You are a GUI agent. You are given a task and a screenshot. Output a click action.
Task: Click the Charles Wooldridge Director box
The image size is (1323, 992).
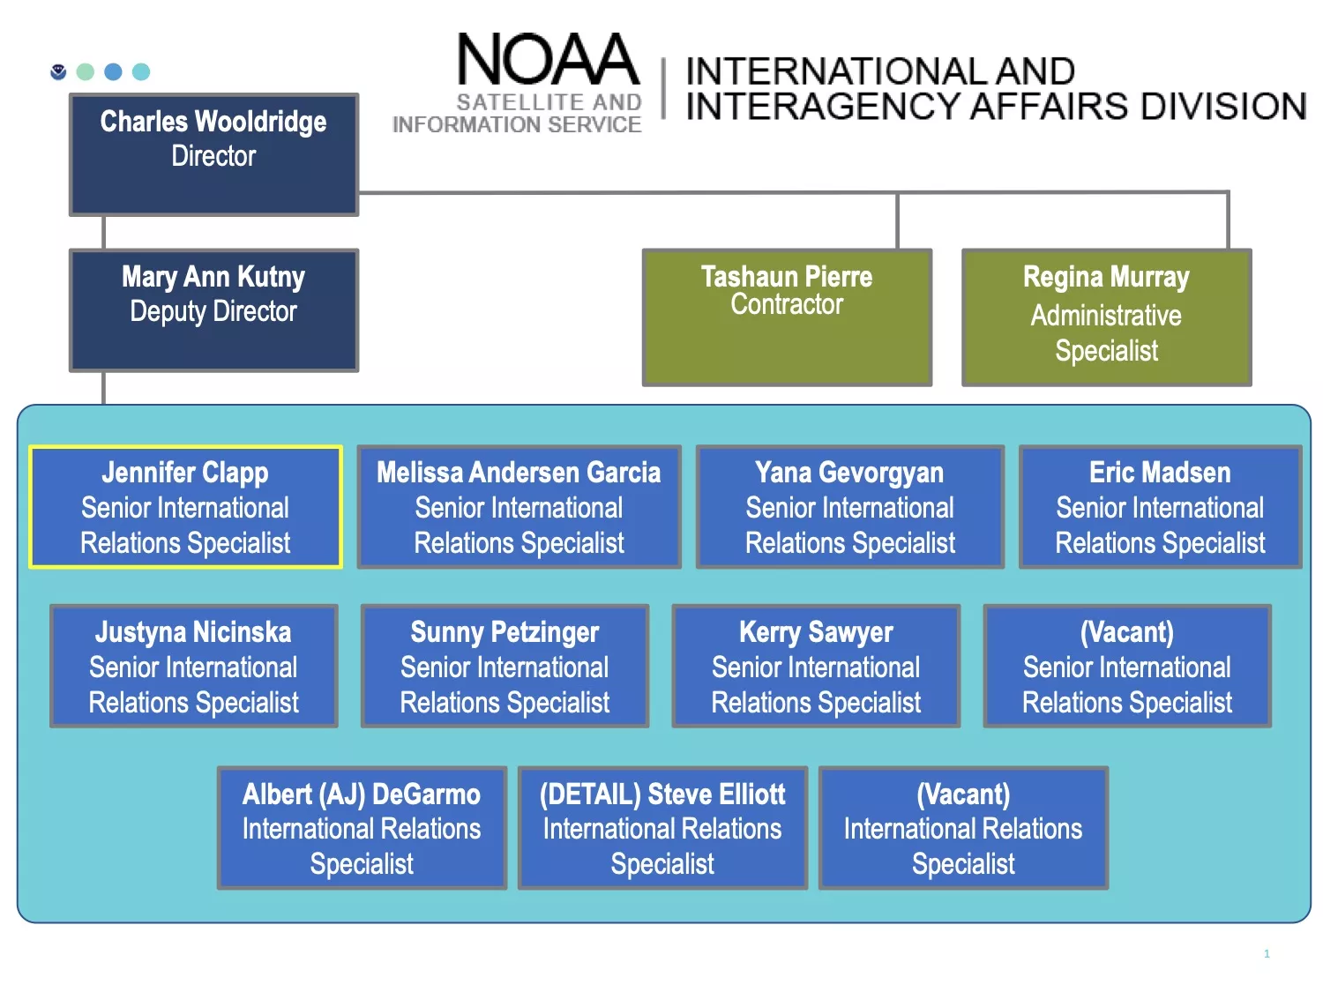click(214, 155)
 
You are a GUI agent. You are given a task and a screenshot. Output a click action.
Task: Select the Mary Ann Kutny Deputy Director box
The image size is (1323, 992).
click(214, 310)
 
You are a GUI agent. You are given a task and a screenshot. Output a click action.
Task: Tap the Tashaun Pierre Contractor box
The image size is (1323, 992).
click(787, 317)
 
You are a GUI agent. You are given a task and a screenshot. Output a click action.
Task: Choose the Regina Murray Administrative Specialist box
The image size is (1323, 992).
click(1106, 317)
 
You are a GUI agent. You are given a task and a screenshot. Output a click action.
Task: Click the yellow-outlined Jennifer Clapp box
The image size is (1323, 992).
click(185, 507)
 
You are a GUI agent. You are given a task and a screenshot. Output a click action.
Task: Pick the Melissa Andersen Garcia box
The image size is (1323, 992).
click(519, 507)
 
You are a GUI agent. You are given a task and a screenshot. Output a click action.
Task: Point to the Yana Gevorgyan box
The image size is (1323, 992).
click(850, 507)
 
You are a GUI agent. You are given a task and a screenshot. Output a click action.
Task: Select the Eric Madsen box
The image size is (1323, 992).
click(1160, 507)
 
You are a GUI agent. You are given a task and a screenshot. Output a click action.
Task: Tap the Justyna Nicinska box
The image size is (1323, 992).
click(193, 666)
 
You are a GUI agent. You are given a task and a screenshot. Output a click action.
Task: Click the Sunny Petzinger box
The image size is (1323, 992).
click(505, 666)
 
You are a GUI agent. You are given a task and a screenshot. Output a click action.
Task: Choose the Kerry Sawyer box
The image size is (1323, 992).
click(816, 666)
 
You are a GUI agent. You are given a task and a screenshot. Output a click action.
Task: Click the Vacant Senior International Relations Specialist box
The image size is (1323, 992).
click(1127, 666)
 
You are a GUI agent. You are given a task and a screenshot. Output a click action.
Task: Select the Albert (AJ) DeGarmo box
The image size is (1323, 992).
click(362, 828)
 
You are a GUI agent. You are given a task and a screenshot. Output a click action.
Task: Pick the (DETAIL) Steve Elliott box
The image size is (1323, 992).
click(662, 828)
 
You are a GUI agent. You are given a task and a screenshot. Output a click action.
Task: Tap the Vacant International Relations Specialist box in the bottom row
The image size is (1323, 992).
click(963, 828)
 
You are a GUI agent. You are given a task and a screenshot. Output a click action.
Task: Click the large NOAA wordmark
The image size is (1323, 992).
click(548, 59)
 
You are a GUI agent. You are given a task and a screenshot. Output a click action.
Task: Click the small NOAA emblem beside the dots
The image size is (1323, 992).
click(58, 71)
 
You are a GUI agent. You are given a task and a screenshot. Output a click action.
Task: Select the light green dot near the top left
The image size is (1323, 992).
click(86, 71)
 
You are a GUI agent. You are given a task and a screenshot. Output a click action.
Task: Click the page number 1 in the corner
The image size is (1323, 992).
click(1267, 953)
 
